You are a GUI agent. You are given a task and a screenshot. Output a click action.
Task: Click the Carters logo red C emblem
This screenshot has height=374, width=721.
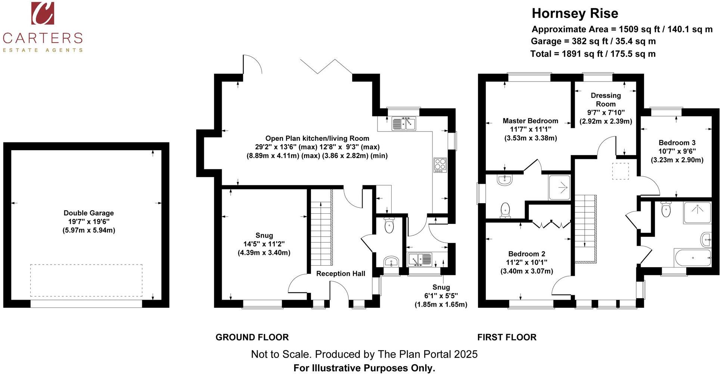pyautogui.click(x=43, y=13)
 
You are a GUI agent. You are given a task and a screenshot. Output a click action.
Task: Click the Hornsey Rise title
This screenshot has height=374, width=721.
pyautogui.click(x=575, y=13)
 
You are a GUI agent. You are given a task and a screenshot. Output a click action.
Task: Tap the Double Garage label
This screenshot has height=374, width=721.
pyautogui.click(x=89, y=213)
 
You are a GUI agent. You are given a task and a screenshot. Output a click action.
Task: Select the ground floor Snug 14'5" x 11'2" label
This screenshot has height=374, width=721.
pyautogui.click(x=264, y=244)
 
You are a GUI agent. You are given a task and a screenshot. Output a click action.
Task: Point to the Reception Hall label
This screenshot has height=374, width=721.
pyautogui.click(x=341, y=273)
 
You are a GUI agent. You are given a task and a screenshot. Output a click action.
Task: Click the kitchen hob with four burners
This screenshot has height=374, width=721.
pyautogui.click(x=440, y=165)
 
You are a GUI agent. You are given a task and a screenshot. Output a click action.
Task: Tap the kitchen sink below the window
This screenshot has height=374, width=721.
pyautogui.click(x=404, y=124)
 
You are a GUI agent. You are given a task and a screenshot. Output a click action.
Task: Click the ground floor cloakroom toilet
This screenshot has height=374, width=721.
pyautogui.click(x=389, y=225)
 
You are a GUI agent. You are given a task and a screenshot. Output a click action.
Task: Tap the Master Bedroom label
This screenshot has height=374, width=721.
pyautogui.click(x=530, y=121)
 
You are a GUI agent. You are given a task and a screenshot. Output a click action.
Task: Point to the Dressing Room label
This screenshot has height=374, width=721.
pyautogui.click(x=606, y=100)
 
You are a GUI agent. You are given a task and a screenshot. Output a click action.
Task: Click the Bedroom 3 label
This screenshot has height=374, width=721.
pyautogui.click(x=677, y=143)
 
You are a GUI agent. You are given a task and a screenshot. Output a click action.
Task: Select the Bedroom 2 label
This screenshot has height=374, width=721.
pyautogui.click(x=526, y=254)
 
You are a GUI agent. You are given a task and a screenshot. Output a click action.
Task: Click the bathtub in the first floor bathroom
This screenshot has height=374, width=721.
pyautogui.click(x=693, y=257)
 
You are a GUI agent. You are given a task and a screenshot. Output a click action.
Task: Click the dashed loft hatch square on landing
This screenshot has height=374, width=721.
pyautogui.click(x=620, y=171)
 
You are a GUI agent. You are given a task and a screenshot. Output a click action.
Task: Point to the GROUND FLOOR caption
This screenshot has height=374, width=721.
pyautogui.click(x=252, y=337)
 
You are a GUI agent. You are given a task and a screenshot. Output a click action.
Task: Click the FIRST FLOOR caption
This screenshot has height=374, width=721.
pyautogui.click(x=507, y=337)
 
